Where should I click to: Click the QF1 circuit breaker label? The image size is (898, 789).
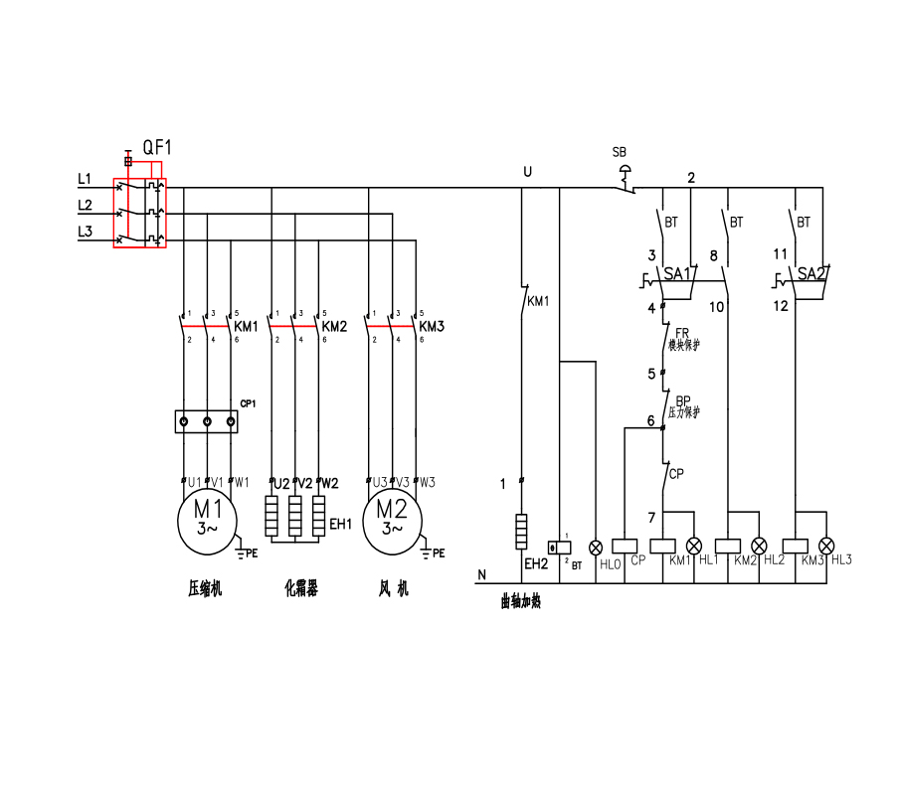coord(157,147)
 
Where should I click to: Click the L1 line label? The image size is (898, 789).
coord(85,179)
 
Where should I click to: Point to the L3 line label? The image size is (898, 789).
coord(85,232)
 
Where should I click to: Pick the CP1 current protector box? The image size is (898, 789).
coord(207,421)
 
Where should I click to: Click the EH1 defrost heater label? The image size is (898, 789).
coord(341,524)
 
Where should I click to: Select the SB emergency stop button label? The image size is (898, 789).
coord(619,152)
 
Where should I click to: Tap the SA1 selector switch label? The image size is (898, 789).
coord(678,273)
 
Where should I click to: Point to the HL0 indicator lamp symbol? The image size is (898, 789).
coord(596,547)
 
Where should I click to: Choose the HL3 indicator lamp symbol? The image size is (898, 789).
coord(826,546)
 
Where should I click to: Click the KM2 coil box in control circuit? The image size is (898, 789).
coord(729,546)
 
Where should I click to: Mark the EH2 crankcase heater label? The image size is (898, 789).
coord(536,563)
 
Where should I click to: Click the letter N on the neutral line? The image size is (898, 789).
coord(482,574)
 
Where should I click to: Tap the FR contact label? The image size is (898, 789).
coord(682,334)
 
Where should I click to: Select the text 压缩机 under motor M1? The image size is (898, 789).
coord(205,588)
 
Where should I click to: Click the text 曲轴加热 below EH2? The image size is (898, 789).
coord(521,601)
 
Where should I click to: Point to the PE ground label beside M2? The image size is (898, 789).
coord(439,552)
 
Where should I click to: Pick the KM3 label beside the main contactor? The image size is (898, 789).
coord(431,326)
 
